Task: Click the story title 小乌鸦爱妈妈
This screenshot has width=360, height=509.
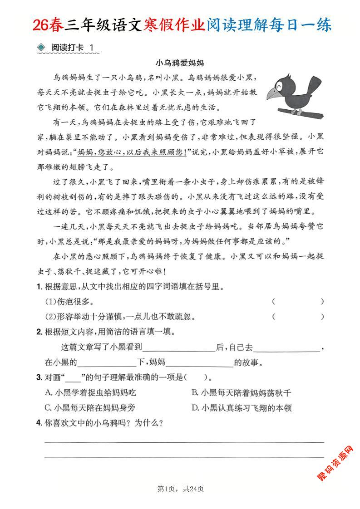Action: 179,63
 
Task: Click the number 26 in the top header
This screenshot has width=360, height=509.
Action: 41,25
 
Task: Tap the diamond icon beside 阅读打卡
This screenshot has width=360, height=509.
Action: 41,47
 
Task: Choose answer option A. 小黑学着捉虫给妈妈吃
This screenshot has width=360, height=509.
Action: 90,392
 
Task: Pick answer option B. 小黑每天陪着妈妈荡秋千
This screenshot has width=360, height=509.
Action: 242,392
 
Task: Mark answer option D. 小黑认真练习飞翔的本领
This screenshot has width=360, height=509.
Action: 242,407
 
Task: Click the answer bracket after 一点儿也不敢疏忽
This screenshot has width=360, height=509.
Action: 298,317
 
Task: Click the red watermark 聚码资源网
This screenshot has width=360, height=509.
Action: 336,463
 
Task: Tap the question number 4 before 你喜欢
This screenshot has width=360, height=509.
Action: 39,423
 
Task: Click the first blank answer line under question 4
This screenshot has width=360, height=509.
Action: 184,441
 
